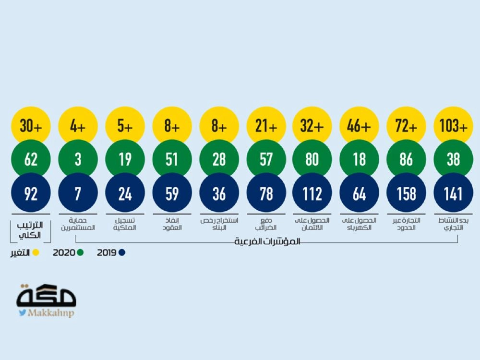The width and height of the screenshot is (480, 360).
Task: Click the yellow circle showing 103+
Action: click(453, 126)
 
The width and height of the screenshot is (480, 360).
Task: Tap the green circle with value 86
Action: click(406, 159)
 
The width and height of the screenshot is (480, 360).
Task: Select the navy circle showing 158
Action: click(406, 193)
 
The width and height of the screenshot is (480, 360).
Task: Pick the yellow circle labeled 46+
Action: click(359, 126)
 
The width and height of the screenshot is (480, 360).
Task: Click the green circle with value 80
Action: click(312, 159)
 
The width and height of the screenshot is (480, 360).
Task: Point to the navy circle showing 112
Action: click(312, 193)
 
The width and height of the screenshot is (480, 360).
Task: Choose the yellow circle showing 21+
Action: click(265, 126)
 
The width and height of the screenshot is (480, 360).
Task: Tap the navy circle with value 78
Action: click(265, 193)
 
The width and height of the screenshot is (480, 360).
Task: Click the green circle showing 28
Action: click(218, 159)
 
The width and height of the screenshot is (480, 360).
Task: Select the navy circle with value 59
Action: click(171, 193)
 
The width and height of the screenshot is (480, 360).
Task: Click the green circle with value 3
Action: click(78, 159)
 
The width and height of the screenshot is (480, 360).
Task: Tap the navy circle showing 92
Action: click(31, 193)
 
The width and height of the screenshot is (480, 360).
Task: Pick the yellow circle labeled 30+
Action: click(31, 126)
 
